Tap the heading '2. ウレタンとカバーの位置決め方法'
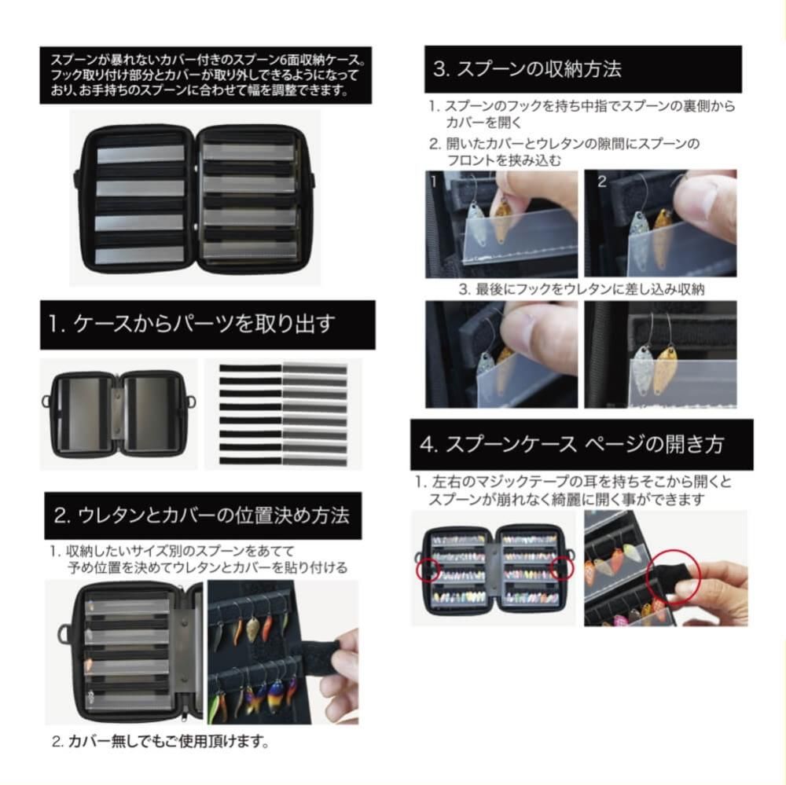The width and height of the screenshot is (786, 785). [201, 515]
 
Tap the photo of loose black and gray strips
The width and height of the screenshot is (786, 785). [282, 414]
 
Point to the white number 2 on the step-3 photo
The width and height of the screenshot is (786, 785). [602, 182]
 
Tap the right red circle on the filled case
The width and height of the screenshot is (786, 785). [562, 567]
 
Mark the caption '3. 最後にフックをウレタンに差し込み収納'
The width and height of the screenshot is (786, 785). [582, 289]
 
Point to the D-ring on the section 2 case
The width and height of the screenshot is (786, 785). [64, 633]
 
